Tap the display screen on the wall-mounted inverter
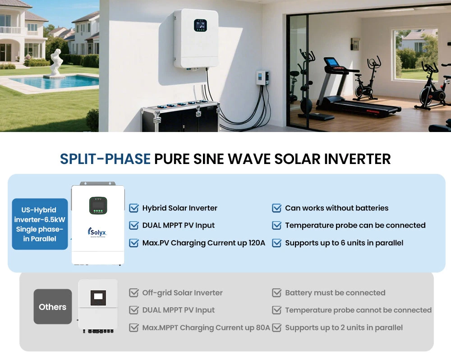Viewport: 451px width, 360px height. tap(200, 25)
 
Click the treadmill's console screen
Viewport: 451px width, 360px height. tap(331, 62)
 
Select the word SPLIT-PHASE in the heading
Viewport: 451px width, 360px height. tap(105, 159)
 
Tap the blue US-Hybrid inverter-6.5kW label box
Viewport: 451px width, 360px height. tap(40, 224)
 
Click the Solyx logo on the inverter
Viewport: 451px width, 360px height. tap(97, 232)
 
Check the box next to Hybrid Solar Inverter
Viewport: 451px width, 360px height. tap(134, 208)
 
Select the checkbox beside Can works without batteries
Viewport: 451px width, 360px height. tap(277, 208)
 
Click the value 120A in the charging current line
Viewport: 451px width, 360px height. tap(257, 243)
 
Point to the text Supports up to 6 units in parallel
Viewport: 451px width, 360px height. tap(344, 243)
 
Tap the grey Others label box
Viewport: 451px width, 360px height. tap(53, 306)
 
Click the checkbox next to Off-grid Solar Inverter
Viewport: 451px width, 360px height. tap(134, 293)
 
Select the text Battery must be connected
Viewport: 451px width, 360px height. tap(335, 293)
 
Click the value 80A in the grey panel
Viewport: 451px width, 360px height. tap(262, 328)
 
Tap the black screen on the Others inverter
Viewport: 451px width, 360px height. tap(98, 298)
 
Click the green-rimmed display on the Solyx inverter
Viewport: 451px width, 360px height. tap(98, 205)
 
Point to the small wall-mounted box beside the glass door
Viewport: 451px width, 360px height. tap(262, 77)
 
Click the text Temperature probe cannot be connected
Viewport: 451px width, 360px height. tap(359, 310)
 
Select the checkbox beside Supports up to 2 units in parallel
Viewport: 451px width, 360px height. tap(277, 328)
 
